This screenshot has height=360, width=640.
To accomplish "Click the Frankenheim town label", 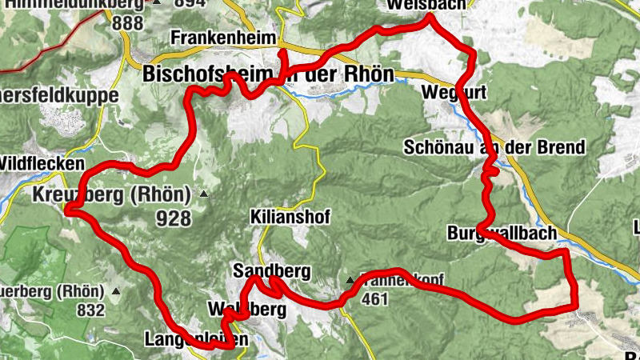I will click(224, 38).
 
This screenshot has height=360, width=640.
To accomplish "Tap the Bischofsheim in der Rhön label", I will click(268, 74).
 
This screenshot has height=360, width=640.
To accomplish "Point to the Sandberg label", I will click(271, 270).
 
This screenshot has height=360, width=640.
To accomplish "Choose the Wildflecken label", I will click(42, 163).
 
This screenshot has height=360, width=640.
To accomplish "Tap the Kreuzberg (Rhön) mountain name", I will click(111, 194).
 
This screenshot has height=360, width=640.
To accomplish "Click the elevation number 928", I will click(174, 218).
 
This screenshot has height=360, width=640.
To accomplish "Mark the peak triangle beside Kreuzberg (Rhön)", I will click(204, 194).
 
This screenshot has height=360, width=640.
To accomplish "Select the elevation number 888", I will click(127, 22).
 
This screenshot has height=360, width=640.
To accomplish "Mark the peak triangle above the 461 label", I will click(350, 281).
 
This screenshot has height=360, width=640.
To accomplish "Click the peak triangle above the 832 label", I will click(117, 290).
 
